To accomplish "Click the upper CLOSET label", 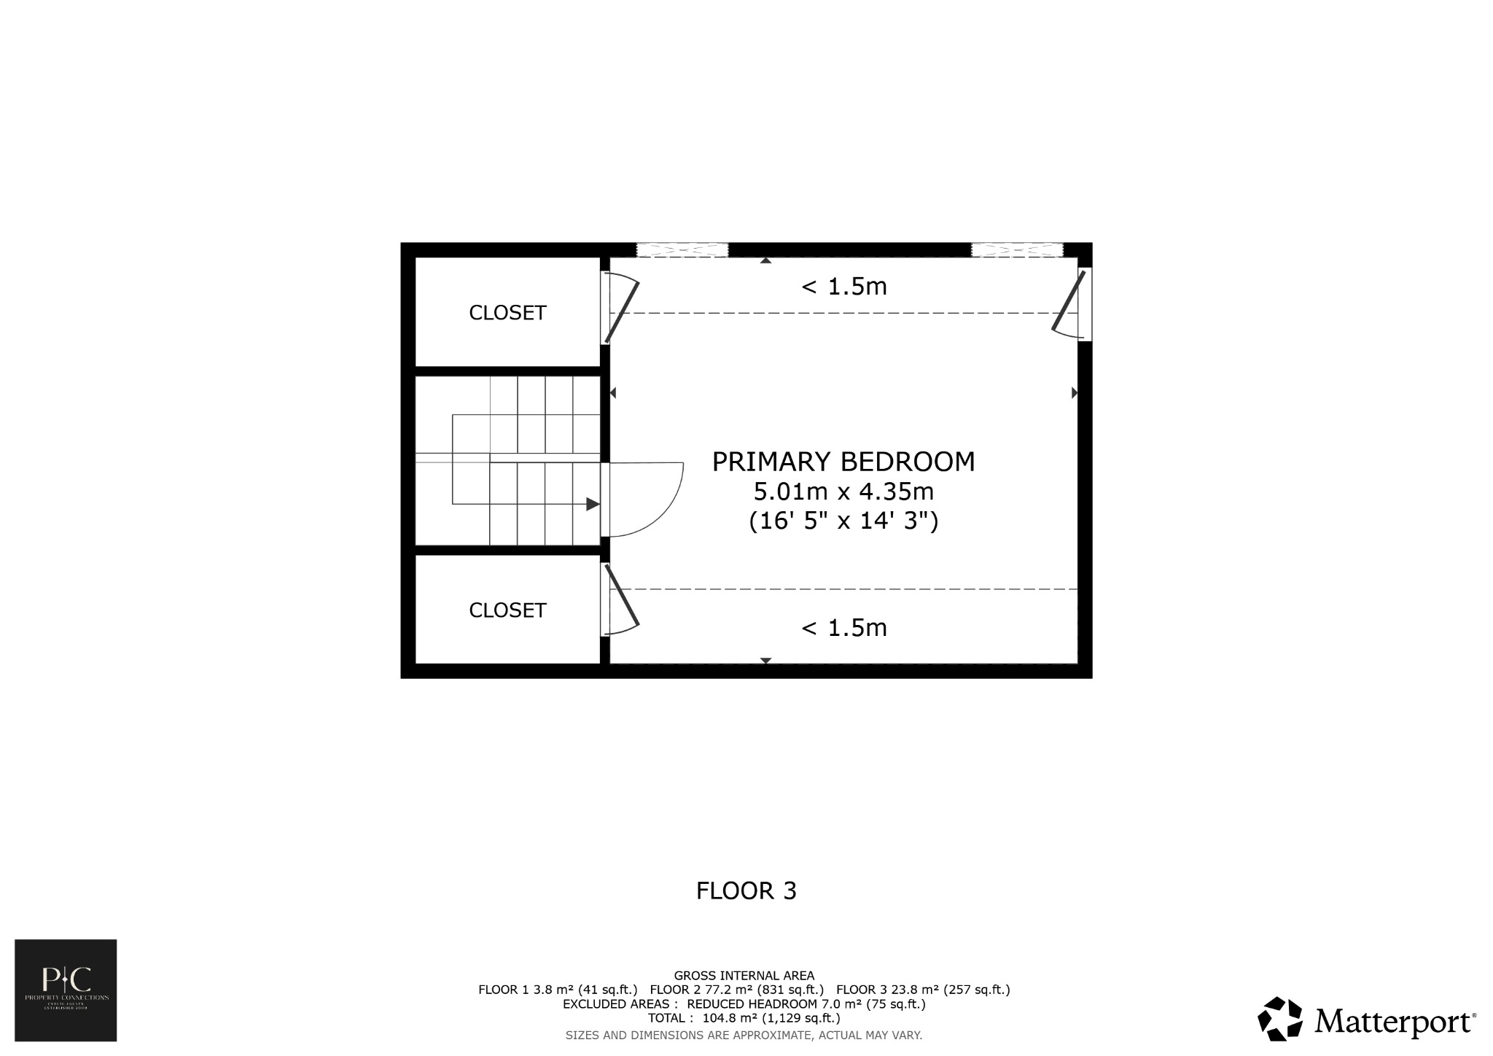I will point(507,313).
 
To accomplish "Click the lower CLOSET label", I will point(507,610).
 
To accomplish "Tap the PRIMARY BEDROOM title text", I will point(843,462).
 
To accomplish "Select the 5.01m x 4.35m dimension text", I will point(843,492).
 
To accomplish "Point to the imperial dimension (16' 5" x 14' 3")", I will point(843,521).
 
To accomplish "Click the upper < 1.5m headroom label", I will point(843,287).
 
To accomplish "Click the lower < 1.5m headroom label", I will point(843,627).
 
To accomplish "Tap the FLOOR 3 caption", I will point(746,890).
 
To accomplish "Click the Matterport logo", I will point(1366,1020).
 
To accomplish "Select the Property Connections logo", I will point(66,990).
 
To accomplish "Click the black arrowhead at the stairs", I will point(593,504).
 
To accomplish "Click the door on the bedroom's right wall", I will point(1069,302).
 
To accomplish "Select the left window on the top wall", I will point(682,249).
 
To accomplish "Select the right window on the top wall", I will point(1016,249).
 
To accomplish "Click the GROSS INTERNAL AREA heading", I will point(744,975).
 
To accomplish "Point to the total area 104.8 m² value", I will point(729,1018).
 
